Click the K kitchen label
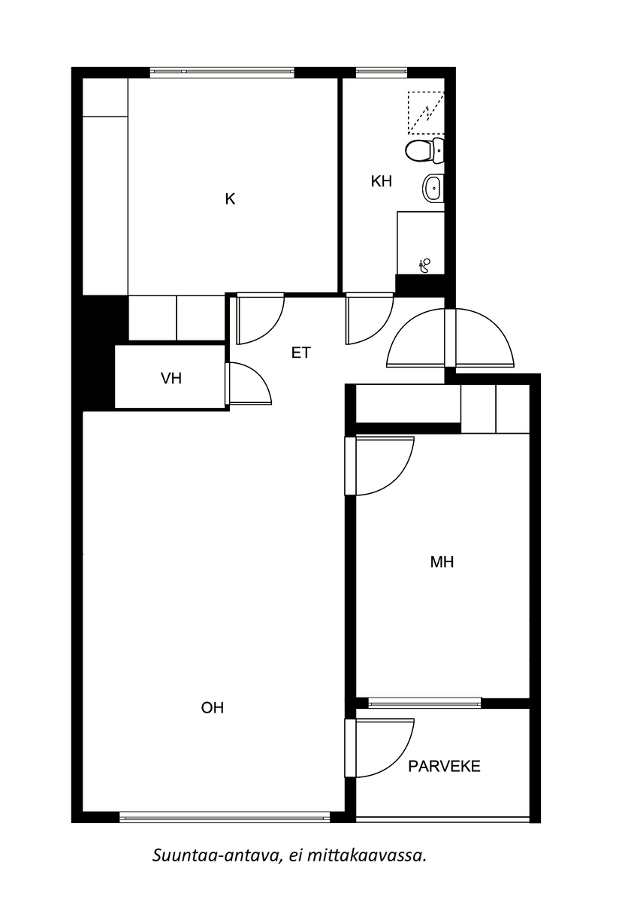tap(230, 199)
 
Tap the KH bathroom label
tap(381, 181)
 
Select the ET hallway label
tap(301, 353)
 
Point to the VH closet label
tap(171, 378)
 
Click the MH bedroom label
tap(442, 561)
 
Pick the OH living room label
tap(213, 707)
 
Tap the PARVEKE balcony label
tap(444, 766)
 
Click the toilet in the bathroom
tap(424, 150)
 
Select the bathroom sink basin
tap(433, 188)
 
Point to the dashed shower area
tap(426, 113)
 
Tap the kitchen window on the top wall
tap(222, 72)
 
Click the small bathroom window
tap(382, 72)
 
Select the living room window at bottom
tap(225, 817)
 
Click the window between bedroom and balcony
tap(424, 703)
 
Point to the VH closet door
tap(249, 383)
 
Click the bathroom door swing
tap(370, 319)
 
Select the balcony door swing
tap(379, 748)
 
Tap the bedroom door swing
tap(379, 466)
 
